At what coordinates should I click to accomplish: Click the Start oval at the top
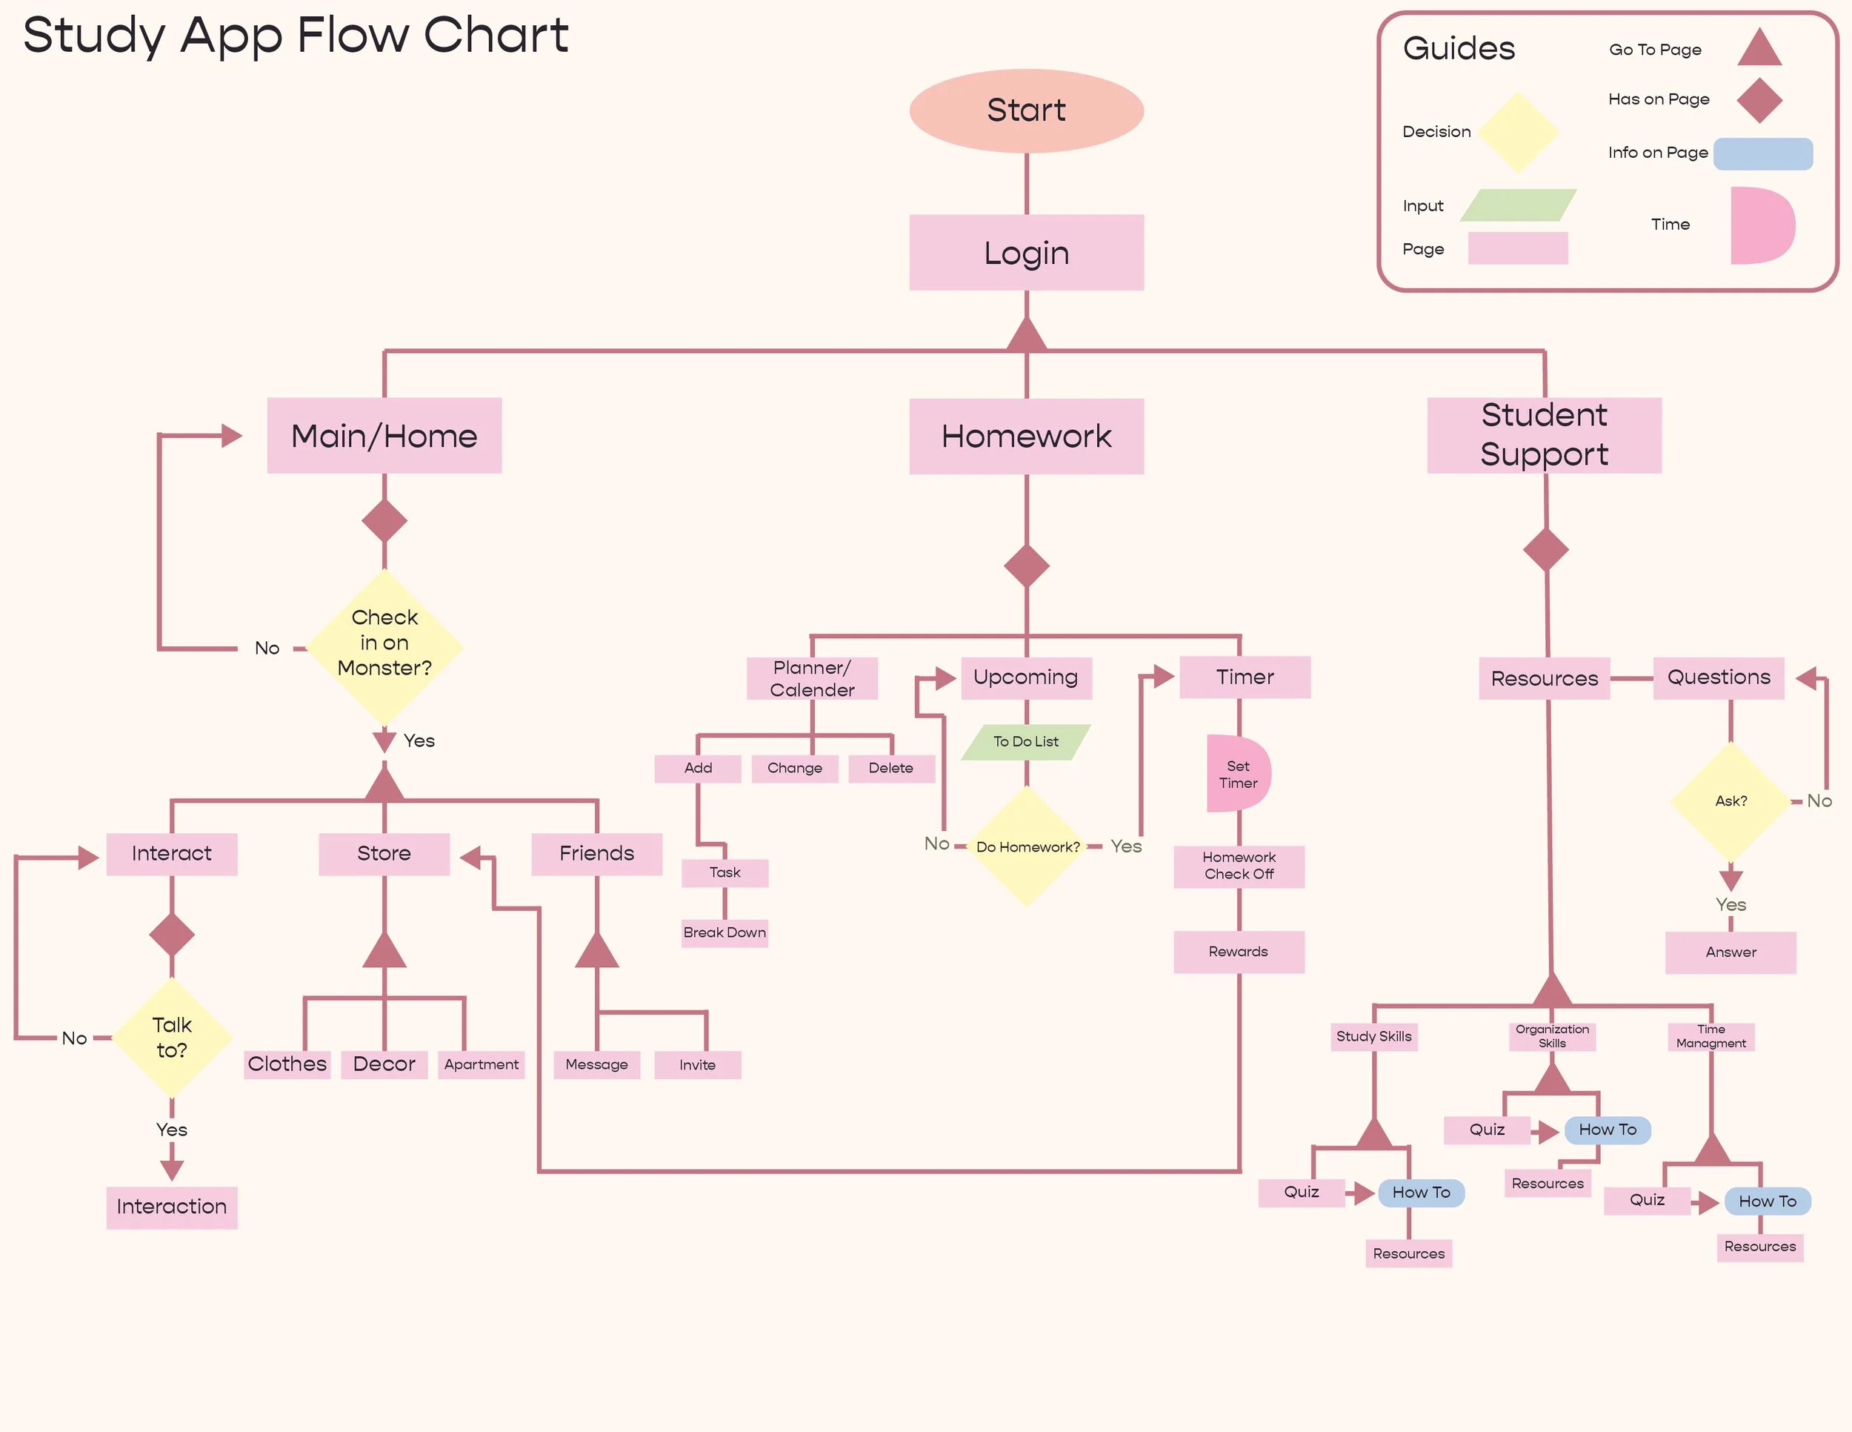coord(1026,110)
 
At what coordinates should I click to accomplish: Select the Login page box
coord(1026,252)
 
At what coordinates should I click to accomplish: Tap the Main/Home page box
coord(384,435)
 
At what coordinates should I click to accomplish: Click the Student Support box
coord(1544,435)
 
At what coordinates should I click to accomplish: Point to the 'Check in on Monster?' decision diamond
coord(384,646)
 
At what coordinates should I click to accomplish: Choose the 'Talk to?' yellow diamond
coord(171,1038)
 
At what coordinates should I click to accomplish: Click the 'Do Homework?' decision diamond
coord(1027,846)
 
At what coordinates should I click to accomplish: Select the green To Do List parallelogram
coord(1026,741)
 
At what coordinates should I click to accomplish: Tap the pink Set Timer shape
coord(1239,774)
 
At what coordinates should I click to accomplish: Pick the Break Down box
coord(725,932)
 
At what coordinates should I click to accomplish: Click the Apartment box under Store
coord(482,1064)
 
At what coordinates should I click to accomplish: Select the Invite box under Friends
coord(698,1064)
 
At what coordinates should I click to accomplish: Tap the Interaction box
coord(171,1207)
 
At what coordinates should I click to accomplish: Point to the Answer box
coord(1731,952)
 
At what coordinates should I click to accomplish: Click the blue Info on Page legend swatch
coord(1763,153)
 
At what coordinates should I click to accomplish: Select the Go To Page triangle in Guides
coord(1759,47)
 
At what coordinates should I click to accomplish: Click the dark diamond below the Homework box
coord(1027,566)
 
